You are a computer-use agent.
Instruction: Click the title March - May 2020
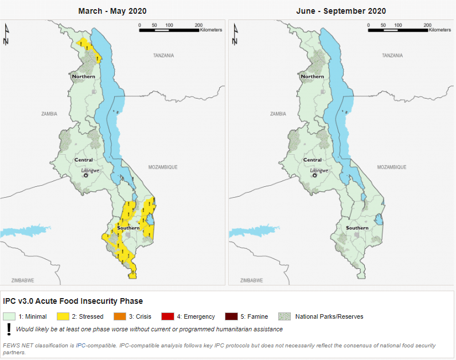112,11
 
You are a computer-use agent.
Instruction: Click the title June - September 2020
341,11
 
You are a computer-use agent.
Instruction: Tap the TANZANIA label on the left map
163,56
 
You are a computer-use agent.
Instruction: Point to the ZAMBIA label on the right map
278,114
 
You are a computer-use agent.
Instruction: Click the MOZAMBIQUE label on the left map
163,167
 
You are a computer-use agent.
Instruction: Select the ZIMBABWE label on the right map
252,280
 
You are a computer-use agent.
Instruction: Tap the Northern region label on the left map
84,76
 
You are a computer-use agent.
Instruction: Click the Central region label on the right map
313,160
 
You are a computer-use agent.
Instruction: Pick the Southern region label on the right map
357,228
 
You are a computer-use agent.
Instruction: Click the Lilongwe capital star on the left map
85,175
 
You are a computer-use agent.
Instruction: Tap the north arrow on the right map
235,34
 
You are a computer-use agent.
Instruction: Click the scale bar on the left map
169,30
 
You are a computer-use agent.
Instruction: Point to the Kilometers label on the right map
440,30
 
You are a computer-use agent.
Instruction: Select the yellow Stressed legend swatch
63,316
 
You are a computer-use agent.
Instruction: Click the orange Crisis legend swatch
120,316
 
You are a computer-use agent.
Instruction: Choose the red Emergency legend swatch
168,316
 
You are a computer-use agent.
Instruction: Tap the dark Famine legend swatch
231,316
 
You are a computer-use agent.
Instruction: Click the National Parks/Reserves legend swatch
284,316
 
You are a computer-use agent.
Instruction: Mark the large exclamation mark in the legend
9,329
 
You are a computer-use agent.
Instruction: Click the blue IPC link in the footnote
80,346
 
